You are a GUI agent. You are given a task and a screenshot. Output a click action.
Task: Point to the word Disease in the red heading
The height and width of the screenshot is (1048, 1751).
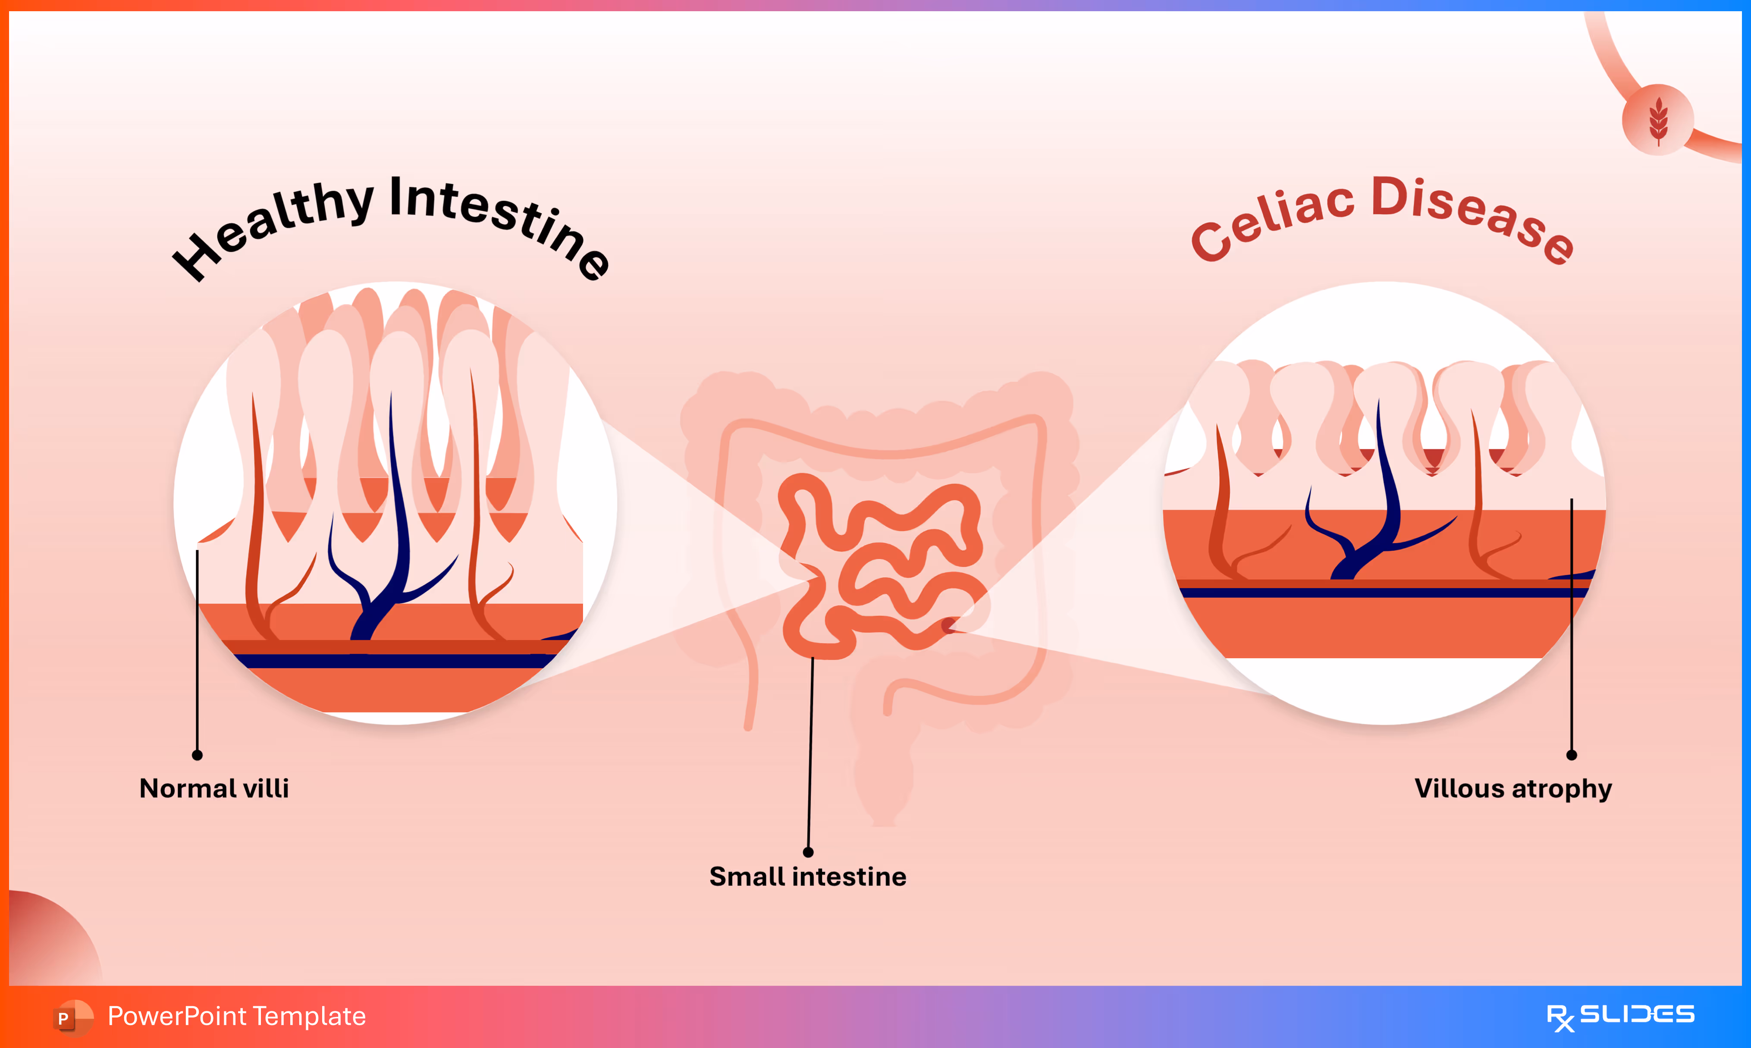coord(1472,215)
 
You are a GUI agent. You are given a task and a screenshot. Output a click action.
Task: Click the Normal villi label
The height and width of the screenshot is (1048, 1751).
coord(214,788)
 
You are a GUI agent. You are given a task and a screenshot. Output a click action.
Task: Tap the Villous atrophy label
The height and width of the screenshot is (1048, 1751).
coord(1513,788)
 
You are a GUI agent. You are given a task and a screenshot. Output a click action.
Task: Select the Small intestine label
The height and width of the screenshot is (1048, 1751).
coord(808,876)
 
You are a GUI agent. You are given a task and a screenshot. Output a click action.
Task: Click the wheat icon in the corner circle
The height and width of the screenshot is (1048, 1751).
coord(1659,120)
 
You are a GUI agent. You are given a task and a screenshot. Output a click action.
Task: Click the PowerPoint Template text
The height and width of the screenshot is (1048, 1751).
coord(236,1016)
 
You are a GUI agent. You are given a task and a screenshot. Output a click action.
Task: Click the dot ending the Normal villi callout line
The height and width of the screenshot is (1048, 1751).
coord(198,755)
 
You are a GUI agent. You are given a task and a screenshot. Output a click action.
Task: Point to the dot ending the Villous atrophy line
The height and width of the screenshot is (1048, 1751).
coord(1572,755)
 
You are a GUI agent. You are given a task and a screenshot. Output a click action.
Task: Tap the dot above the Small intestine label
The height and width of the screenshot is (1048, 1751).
coord(808,852)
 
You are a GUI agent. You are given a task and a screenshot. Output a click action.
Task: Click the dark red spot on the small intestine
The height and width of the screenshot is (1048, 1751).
coord(948,625)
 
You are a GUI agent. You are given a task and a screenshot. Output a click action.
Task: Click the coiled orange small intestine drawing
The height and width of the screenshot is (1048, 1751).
coord(882,565)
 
